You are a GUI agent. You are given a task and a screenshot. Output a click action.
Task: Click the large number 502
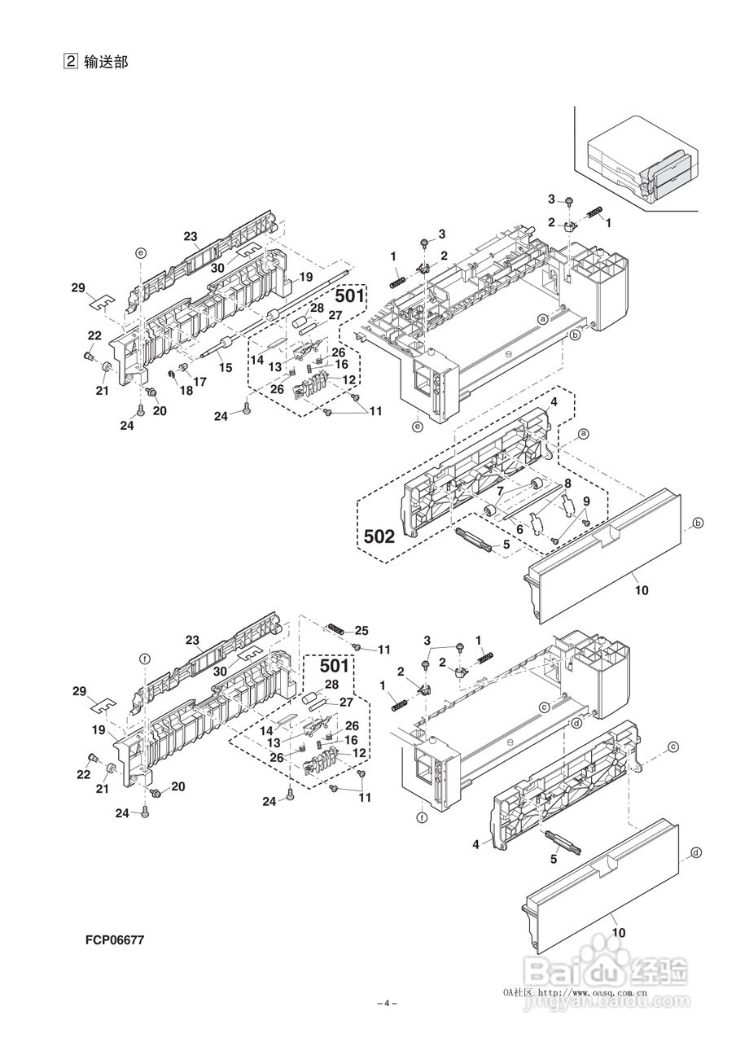click(379, 536)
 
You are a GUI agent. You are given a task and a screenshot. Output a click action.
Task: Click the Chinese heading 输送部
click(106, 61)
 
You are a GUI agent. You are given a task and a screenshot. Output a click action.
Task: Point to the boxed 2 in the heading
click(70, 61)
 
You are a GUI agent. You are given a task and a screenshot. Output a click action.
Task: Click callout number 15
click(226, 367)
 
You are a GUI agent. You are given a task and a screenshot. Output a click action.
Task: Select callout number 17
click(200, 382)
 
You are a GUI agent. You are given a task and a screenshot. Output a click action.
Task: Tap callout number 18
click(186, 390)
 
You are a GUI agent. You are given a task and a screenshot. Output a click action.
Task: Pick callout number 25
click(361, 630)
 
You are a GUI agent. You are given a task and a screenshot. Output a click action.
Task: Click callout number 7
click(500, 491)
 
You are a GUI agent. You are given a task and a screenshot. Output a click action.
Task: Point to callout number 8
click(567, 484)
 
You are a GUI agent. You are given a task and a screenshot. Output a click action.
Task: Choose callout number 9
click(586, 501)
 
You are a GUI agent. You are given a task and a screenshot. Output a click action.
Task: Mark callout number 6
click(519, 529)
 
